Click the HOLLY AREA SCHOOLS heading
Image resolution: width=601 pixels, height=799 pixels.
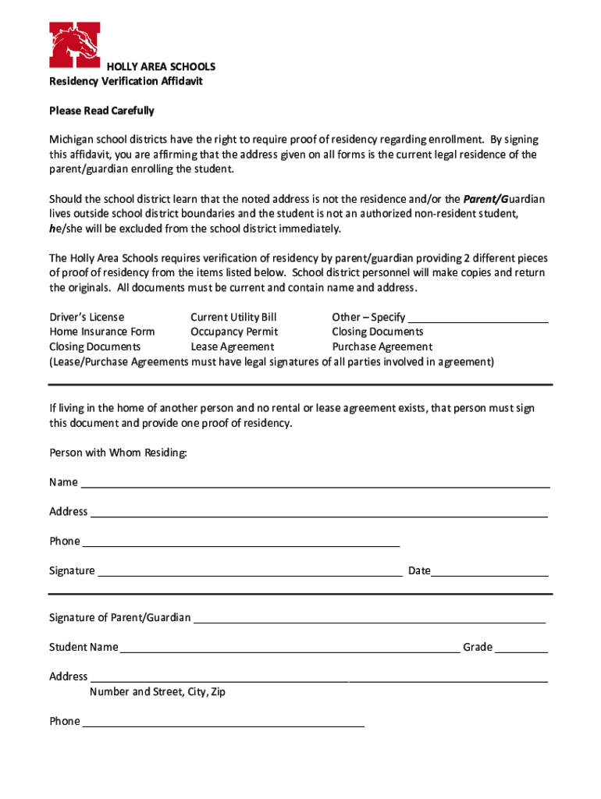(161, 67)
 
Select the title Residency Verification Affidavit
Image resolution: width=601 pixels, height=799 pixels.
(126, 81)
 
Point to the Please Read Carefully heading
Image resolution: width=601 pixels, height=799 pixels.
(101, 111)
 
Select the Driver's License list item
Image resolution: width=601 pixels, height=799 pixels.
(87, 317)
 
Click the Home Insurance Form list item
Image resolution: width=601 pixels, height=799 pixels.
(101, 332)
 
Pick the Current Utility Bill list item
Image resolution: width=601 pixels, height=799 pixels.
(233, 317)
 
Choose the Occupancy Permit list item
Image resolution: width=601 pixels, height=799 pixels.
(234, 332)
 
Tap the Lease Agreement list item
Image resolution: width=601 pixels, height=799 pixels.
(232, 346)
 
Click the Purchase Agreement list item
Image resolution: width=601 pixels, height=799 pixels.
(382, 346)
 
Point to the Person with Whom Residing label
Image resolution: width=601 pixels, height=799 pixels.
(118, 453)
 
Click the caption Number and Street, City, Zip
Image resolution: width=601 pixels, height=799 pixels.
(157, 691)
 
